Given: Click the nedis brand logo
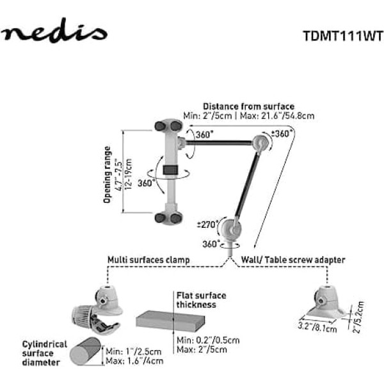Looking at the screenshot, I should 54,32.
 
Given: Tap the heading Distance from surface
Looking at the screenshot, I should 248,106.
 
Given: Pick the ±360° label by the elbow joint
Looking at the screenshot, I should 282,134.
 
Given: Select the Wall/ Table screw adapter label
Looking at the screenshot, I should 293,260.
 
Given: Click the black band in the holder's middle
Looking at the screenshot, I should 170,171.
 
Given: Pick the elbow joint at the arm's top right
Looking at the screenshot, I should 260,143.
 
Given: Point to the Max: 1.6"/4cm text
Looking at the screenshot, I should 134,360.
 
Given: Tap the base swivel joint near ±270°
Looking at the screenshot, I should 228,227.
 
